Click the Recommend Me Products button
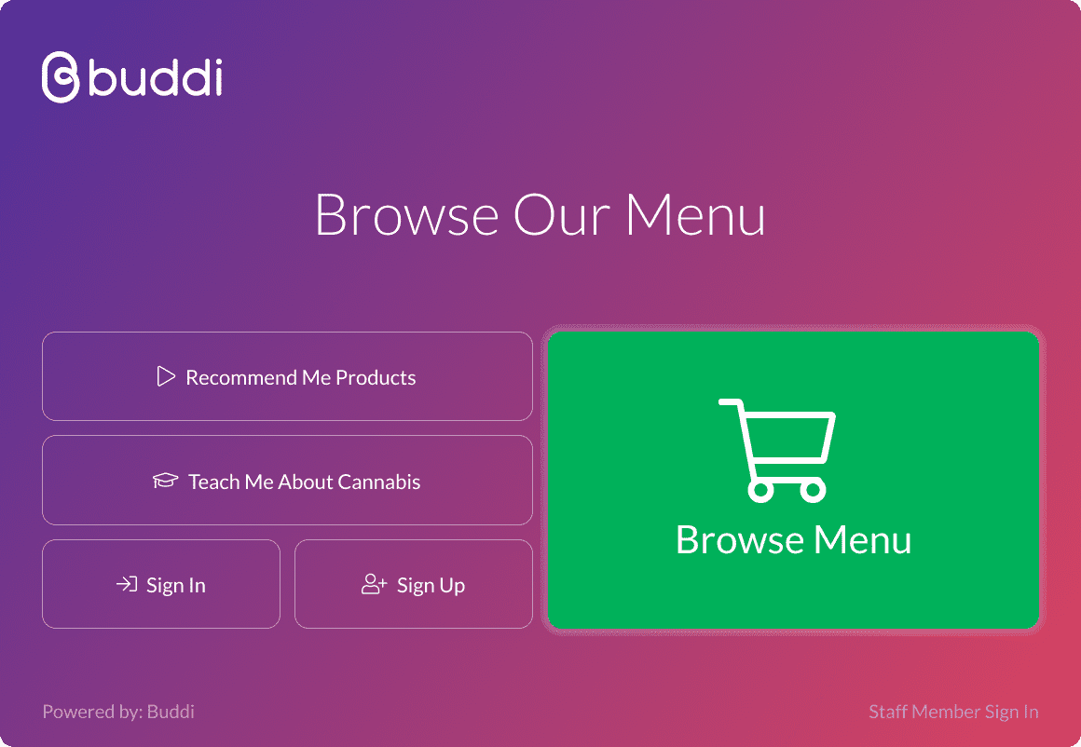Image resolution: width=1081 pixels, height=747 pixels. (x=287, y=376)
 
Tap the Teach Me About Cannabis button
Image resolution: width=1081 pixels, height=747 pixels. (x=287, y=481)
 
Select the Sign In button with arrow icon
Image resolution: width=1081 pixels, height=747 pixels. (x=161, y=584)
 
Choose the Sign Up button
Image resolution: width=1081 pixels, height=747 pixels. (x=414, y=584)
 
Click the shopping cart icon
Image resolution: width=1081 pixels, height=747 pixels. (x=777, y=450)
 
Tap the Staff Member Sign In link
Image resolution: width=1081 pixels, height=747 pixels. (x=953, y=712)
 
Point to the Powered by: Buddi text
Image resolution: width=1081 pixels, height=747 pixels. (x=118, y=712)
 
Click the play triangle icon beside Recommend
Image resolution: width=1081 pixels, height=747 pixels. (x=166, y=376)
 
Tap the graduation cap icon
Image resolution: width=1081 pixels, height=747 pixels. (x=166, y=481)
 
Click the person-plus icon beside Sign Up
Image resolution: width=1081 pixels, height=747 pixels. (x=375, y=584)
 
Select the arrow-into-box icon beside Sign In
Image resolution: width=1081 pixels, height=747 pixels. (x=126, y=584)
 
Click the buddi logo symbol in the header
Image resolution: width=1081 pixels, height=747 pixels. (x=61, y=76)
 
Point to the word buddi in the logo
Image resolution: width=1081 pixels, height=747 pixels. (x=156, y=77)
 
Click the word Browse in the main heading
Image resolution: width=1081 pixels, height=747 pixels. (x=406, y=215)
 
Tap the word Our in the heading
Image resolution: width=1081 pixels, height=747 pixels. (x=562, y=215)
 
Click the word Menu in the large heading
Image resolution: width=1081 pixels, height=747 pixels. (x=695, y=215)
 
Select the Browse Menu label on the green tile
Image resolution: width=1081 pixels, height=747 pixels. (x=794, y=539)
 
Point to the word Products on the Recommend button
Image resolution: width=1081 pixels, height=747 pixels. (x=376, y=377)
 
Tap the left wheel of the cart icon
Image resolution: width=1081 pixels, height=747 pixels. (x=760, y=490)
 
